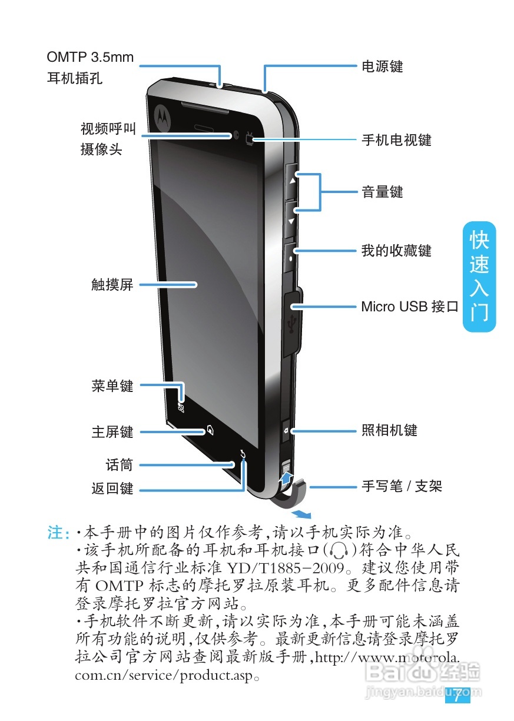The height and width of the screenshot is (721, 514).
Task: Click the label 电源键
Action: (382, 66)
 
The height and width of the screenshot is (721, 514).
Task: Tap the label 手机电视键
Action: (396, 140)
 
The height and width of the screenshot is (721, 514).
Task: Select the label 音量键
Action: (382, 192)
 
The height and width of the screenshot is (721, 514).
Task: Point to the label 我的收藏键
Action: (396, 251)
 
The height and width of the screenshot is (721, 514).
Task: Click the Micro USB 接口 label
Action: (409, 307)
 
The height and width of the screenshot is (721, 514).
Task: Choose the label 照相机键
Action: (389, 430)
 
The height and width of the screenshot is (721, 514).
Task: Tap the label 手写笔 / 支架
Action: (401, 486)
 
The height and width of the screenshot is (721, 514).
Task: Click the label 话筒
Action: (119, 465)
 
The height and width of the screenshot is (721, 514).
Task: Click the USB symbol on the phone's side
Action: (291, 323)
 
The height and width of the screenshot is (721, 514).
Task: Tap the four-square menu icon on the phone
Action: (181, 407)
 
